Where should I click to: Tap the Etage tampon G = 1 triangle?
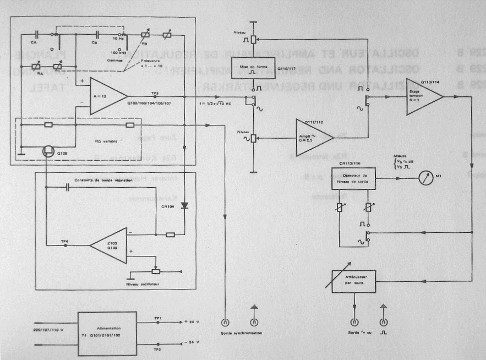coord(423,97)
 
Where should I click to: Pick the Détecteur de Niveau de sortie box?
coord(353,177)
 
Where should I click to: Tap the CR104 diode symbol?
coord(185,206)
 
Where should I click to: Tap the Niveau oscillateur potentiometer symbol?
coord(156,271)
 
